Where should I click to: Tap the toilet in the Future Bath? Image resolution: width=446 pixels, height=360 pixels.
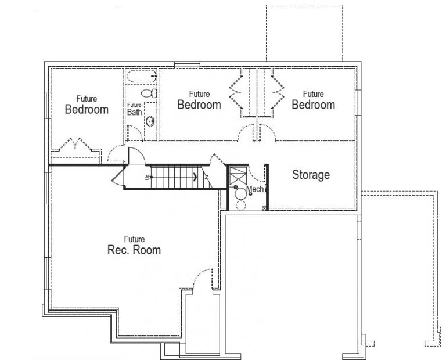coord(148,93)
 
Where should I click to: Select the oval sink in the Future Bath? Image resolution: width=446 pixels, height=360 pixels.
coord(150,121)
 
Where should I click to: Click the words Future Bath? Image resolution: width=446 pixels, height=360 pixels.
coord(134,109)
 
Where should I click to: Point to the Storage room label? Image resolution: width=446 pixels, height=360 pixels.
coord(311,174)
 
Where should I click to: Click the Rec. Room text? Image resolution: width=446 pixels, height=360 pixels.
coord(134,250)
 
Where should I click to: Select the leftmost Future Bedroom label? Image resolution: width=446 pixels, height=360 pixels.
coord(86,109)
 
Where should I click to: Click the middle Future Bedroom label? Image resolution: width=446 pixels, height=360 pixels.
coord(199,105)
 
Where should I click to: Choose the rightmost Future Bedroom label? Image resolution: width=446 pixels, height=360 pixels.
coord(313,105)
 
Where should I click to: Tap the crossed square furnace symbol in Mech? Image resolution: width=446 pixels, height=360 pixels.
coord(239,175)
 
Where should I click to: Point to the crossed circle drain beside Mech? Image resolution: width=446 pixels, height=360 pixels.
coord(265,208)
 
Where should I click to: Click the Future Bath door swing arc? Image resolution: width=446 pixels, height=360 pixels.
coord(117,153)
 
